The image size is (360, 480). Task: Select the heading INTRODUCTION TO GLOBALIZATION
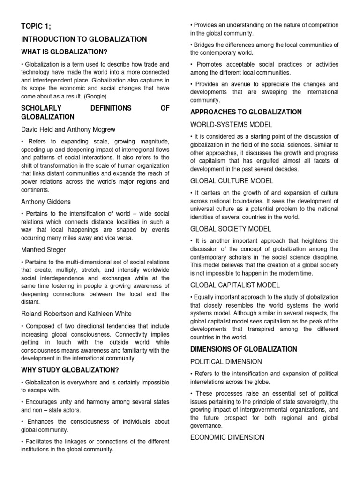click(x=84, y=39)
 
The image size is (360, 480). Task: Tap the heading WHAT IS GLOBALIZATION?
click(x=67, y=52)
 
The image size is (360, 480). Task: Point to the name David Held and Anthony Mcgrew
click(x=68, y=129)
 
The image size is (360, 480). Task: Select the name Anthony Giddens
click(x=46, y=202)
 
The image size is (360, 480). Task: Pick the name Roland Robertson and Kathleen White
click(x=76, y=314)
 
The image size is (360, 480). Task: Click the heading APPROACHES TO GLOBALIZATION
click(x=246, y=112)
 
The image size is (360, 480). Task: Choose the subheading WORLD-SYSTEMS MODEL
click(x=231, y=125)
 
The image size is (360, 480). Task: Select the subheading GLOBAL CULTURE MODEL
click(x=232, y=181)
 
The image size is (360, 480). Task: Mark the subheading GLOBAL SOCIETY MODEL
click(x=231, y=229)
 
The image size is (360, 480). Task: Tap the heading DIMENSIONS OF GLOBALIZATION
click(x=243, y=349)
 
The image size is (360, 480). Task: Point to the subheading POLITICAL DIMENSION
click(x=226, y=362)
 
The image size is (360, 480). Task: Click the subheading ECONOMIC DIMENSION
click(x=227, y=437)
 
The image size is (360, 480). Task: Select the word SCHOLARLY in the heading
click(x=39, y=108)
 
